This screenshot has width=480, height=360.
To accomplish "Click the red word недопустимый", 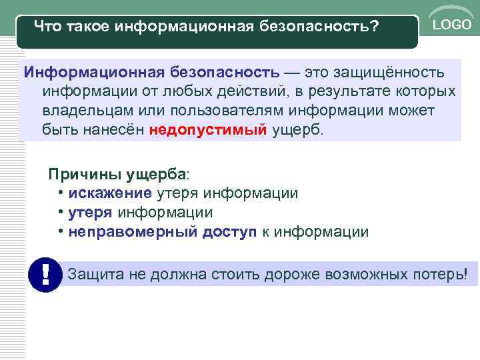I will (208, 129).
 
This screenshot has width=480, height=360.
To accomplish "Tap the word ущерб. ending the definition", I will (297, 129).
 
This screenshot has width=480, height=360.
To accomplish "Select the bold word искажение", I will (110, 193).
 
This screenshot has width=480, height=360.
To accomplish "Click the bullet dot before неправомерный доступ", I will (61, 232).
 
